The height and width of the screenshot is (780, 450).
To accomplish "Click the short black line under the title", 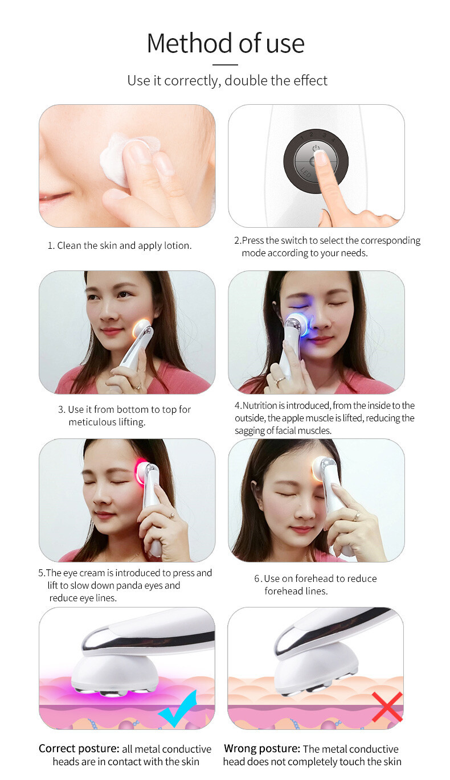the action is pos(225,65).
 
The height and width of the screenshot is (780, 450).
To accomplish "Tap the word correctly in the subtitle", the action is pos(193,81).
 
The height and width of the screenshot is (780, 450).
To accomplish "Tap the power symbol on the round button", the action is pos(316,148).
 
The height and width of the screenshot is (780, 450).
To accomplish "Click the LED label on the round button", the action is pos(305,173).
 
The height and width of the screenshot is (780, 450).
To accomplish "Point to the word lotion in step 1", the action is pos(178,245).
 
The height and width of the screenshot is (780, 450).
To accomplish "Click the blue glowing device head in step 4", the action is pos(297,324).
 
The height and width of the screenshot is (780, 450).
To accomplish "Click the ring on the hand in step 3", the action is pos(138,385).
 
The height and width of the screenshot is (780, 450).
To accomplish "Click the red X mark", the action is pos(387,707).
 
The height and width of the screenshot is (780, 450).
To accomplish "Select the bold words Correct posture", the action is pos(79,748).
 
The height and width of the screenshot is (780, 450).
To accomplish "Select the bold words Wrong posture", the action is pos(262,748).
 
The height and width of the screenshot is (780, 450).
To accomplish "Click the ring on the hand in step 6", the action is pos(357,516).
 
